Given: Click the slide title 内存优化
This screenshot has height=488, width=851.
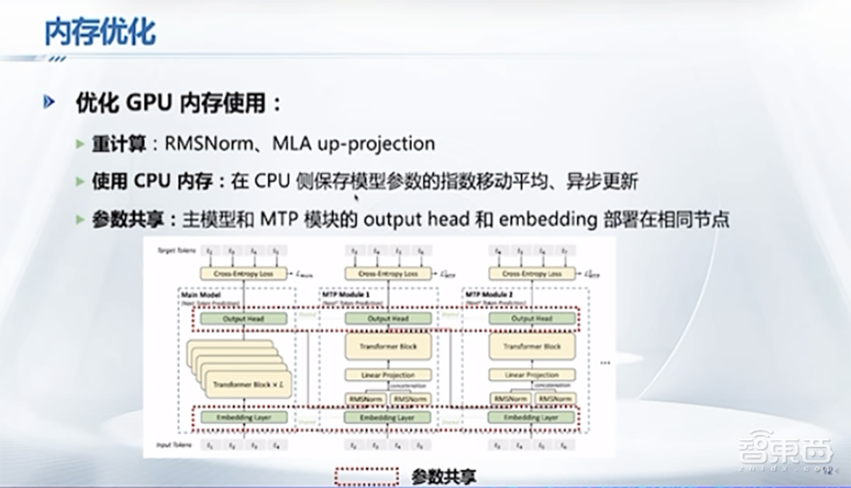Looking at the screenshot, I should point(100,33).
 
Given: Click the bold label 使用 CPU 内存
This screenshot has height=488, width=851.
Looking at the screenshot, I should point(157,181).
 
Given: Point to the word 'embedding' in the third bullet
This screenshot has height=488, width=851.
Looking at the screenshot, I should point(545,219).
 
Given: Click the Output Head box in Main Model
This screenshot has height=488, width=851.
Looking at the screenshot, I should point(243,319).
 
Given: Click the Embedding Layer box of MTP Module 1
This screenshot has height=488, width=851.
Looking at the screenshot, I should point(387,418).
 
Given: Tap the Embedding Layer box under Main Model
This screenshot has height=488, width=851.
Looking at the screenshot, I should point(243,418).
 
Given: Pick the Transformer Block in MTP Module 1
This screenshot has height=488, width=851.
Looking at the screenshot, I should point(387,347).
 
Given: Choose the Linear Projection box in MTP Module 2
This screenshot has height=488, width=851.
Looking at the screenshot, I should point(532,375).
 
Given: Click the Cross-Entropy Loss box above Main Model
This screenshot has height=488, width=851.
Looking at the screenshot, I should point(243,274).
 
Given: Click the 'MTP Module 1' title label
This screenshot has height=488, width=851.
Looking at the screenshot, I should point(346,294).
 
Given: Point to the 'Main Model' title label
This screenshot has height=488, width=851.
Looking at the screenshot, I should point(200,294).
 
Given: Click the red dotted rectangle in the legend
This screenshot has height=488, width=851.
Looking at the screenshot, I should point(368,476).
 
